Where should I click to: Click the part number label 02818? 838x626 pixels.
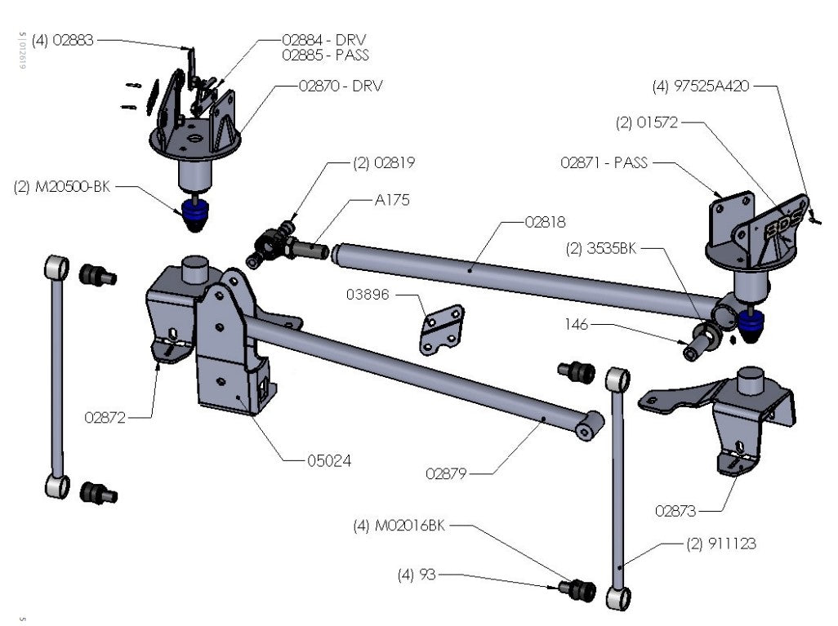(x=545, y=221)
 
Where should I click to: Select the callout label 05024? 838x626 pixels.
(x=330, y=460)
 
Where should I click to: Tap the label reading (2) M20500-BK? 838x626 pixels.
(x=62, y=186)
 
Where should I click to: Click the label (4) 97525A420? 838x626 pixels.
(x=700, y=85)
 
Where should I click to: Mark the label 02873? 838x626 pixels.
(x=675, y=512)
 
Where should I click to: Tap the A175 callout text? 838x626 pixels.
(x=393, y=200)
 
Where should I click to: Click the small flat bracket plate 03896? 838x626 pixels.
(x=442, y=330)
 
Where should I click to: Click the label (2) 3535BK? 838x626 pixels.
(x=600, y=249)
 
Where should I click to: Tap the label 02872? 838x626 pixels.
(x=105, y=417)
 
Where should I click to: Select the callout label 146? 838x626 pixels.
(x=577, y=324)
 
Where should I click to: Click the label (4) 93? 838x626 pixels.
(x=416, y=575)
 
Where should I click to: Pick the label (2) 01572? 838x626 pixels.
(x=647, y=123)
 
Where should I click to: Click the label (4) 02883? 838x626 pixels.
(x=63, y=39)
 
